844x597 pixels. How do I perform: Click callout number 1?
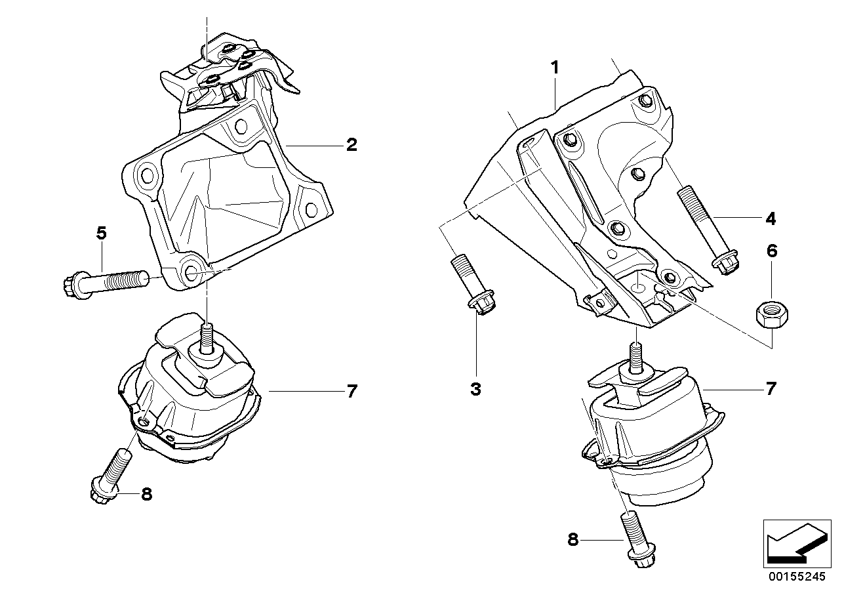tap(555, 68)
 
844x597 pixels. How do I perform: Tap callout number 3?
tap(475, 389)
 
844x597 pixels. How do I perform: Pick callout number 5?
tap(102, 233)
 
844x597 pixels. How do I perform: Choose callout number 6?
tap(771, 250)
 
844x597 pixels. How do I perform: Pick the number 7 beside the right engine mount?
tap(771, 389)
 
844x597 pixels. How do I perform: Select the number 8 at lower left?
tap(146, 494)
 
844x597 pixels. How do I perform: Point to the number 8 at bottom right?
tap(573, 540)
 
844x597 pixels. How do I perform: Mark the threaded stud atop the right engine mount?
tap(635, 358)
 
